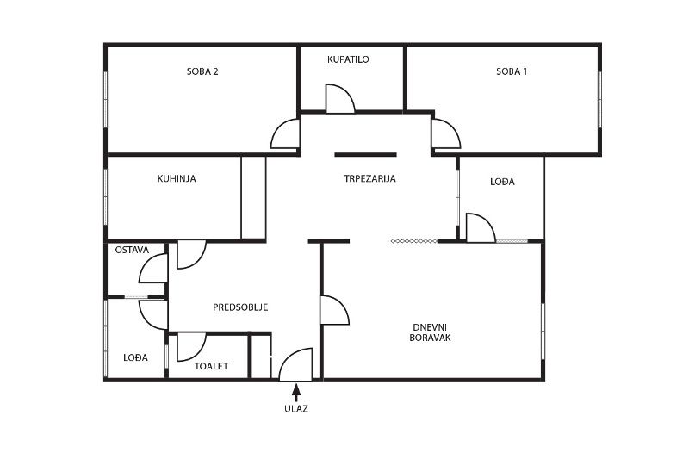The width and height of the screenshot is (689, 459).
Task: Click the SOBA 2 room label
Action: point(202,71)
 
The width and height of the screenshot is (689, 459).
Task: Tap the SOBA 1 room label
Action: point(512,71)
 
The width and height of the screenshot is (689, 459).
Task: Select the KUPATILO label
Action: point(348,59)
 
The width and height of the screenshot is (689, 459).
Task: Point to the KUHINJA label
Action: point(177,179)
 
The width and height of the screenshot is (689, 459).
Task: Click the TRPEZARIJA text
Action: point(370,179)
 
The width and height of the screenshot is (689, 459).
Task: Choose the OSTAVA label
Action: point(133,250)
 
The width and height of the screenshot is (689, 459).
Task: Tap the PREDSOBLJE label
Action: point(240,307)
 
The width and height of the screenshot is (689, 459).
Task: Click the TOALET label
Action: point(211,366)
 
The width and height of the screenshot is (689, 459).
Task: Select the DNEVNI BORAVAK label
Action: point(430,332)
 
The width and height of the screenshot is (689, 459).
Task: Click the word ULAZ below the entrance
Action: point(296,409)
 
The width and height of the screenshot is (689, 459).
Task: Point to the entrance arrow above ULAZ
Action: point(296,393)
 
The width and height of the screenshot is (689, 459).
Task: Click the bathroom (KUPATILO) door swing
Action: point(339,98)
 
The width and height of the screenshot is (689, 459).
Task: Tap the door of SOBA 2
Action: point(285,133)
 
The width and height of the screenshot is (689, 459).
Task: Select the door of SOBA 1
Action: point(446,133)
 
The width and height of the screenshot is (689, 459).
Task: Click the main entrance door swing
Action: point(295,364)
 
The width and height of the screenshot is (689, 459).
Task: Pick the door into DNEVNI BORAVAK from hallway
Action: point(335,310)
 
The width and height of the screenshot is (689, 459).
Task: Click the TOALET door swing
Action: point(191,347)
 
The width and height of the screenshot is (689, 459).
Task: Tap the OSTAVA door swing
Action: point(153,269)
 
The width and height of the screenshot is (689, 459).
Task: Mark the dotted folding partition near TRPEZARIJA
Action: point(414,241)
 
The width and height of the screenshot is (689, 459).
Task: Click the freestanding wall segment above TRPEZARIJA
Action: point(365,155)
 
